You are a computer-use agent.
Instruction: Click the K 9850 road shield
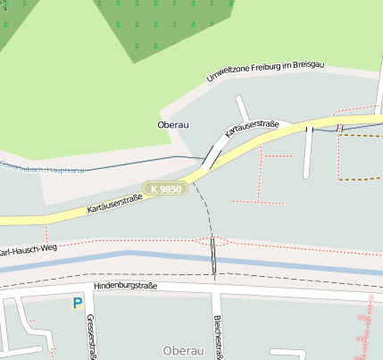166,189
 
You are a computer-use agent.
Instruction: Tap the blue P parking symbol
78,304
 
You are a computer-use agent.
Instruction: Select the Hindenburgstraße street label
125,287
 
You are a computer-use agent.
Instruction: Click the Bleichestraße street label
217,335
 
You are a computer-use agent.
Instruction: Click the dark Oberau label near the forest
174,125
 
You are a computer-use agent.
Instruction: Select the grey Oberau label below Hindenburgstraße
184,350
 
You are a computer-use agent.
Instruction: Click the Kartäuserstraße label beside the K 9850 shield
114,203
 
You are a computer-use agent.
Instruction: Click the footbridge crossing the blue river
213,257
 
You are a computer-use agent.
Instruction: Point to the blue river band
295,264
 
